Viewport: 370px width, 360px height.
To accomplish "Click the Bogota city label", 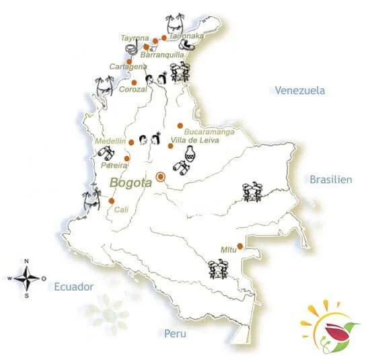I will coord(131,182).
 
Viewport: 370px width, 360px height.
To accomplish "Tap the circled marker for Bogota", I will coord(160,177).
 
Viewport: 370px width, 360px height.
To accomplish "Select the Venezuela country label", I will coord(299,90).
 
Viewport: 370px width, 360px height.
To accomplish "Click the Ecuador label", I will coord(73,286).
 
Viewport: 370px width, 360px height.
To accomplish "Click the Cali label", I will coord(122,209).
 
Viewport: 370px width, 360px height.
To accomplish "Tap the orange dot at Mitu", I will coord(240,246).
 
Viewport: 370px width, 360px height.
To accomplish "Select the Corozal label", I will coord(132,89).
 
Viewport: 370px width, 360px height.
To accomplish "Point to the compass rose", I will coord(27,277).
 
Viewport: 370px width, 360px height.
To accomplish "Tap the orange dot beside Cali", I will coord(112,201).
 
